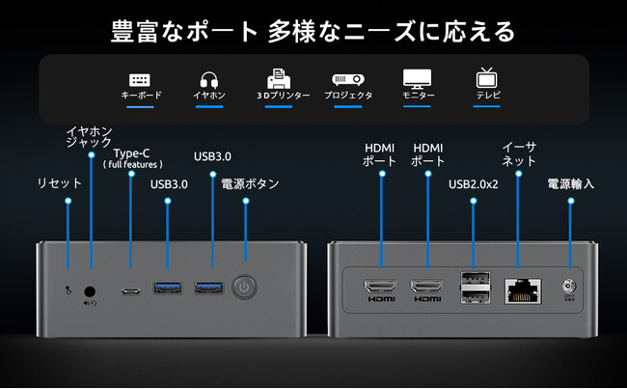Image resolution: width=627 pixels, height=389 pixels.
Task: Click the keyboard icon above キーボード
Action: click(x=140, y=79)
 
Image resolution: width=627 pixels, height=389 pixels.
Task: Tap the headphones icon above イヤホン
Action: click(x=209, y=79)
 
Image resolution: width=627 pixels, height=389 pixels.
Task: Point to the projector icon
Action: click(x=346, y=79)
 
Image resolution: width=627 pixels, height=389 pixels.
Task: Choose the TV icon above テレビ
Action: click(x=485, y=78)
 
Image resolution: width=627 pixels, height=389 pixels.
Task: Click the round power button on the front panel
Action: click(x=245, y=287)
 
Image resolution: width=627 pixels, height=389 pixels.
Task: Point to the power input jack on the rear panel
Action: click(x=569, y=286)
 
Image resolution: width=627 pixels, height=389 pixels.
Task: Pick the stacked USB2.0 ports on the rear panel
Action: click(x=473, y=287)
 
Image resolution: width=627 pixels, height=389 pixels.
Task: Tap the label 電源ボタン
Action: click(x=250, y=182)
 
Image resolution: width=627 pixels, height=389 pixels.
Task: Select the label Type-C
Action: click(x=132, y=153)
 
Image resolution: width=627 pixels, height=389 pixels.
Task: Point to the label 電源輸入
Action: click(x=570, y=182)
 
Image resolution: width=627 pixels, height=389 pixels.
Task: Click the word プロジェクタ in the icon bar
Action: click(x=348, y=97)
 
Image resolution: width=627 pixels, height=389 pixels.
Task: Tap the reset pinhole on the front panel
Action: click(x=68, y=287)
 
